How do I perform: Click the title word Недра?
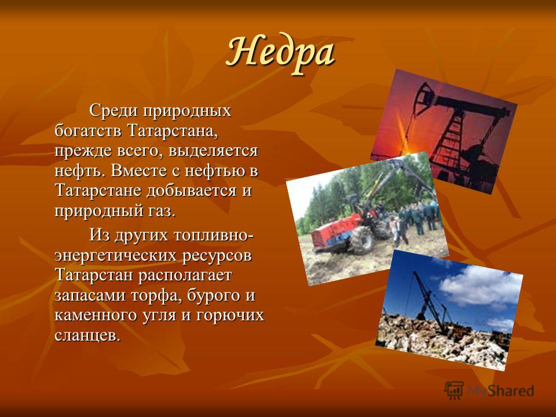tap(280, 53)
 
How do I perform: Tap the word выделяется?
tap(213, 151)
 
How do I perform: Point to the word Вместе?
tap(139, 171)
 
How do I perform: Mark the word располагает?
tap(185, 276)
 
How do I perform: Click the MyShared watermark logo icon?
tap(454, 391)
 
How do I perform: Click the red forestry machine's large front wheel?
tap(361, 240)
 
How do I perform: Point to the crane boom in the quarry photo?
tap(429, 301)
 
